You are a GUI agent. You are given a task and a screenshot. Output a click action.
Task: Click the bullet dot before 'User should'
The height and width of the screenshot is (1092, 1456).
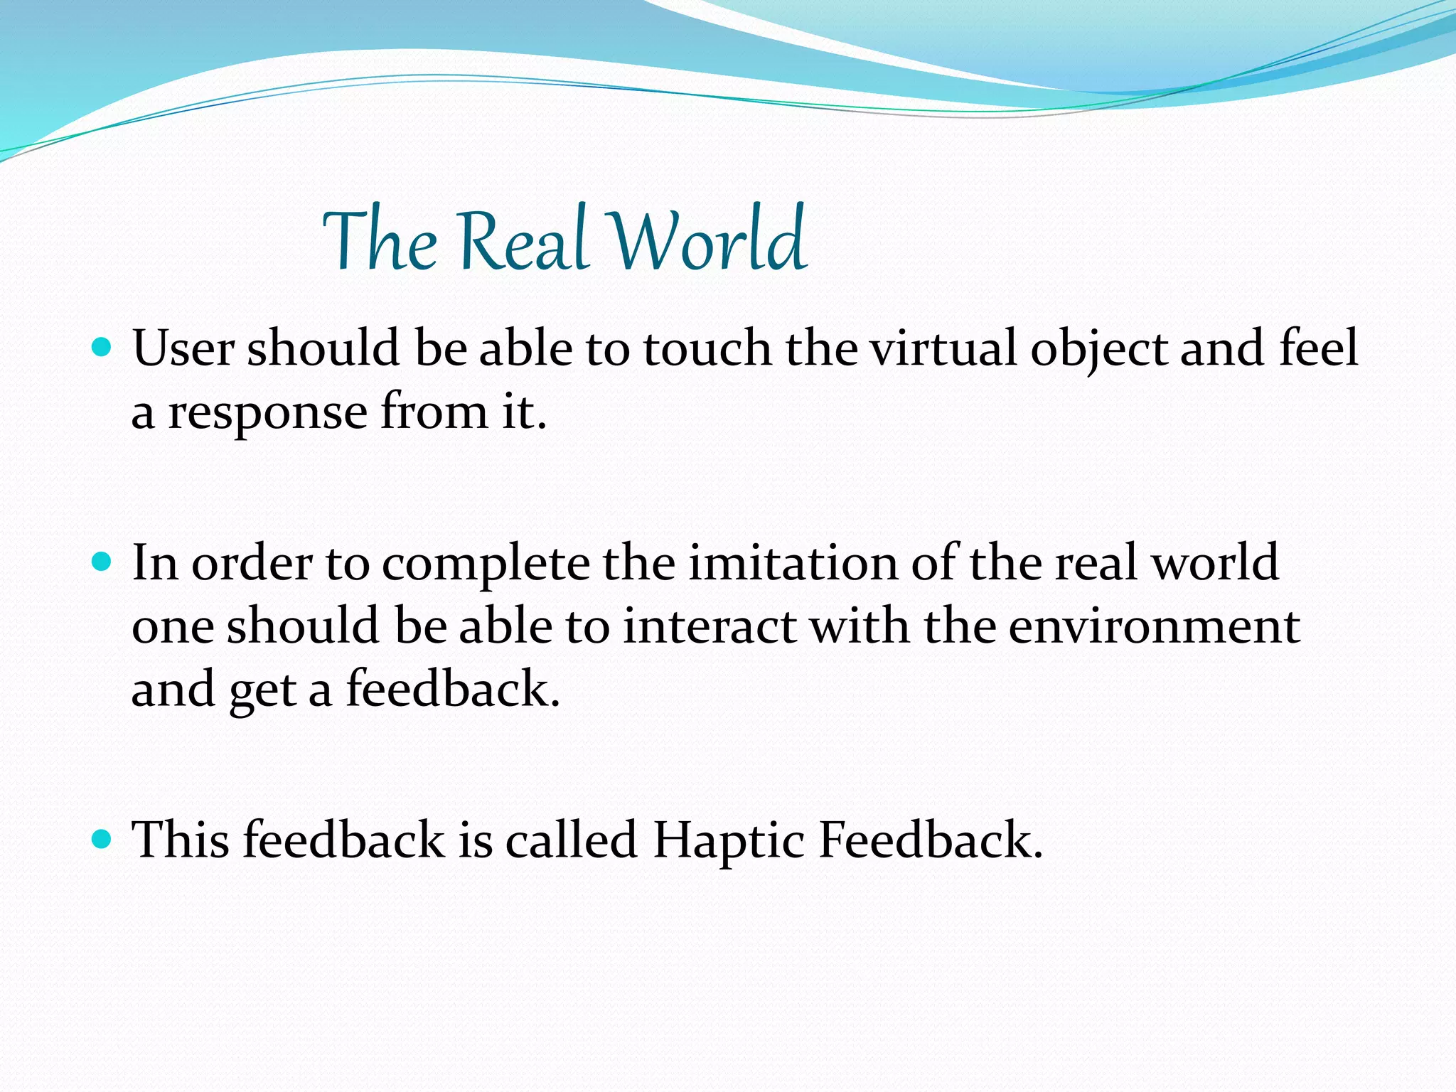(102, 348)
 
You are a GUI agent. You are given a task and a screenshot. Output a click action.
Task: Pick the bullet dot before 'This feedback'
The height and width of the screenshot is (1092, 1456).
(102, 840)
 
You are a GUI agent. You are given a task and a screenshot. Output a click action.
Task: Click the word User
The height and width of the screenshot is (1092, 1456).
(183, 349)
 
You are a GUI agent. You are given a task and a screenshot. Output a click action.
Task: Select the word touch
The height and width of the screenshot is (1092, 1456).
(707, 349)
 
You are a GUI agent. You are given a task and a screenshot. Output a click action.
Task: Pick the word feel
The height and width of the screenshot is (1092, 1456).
(1319, 349)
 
